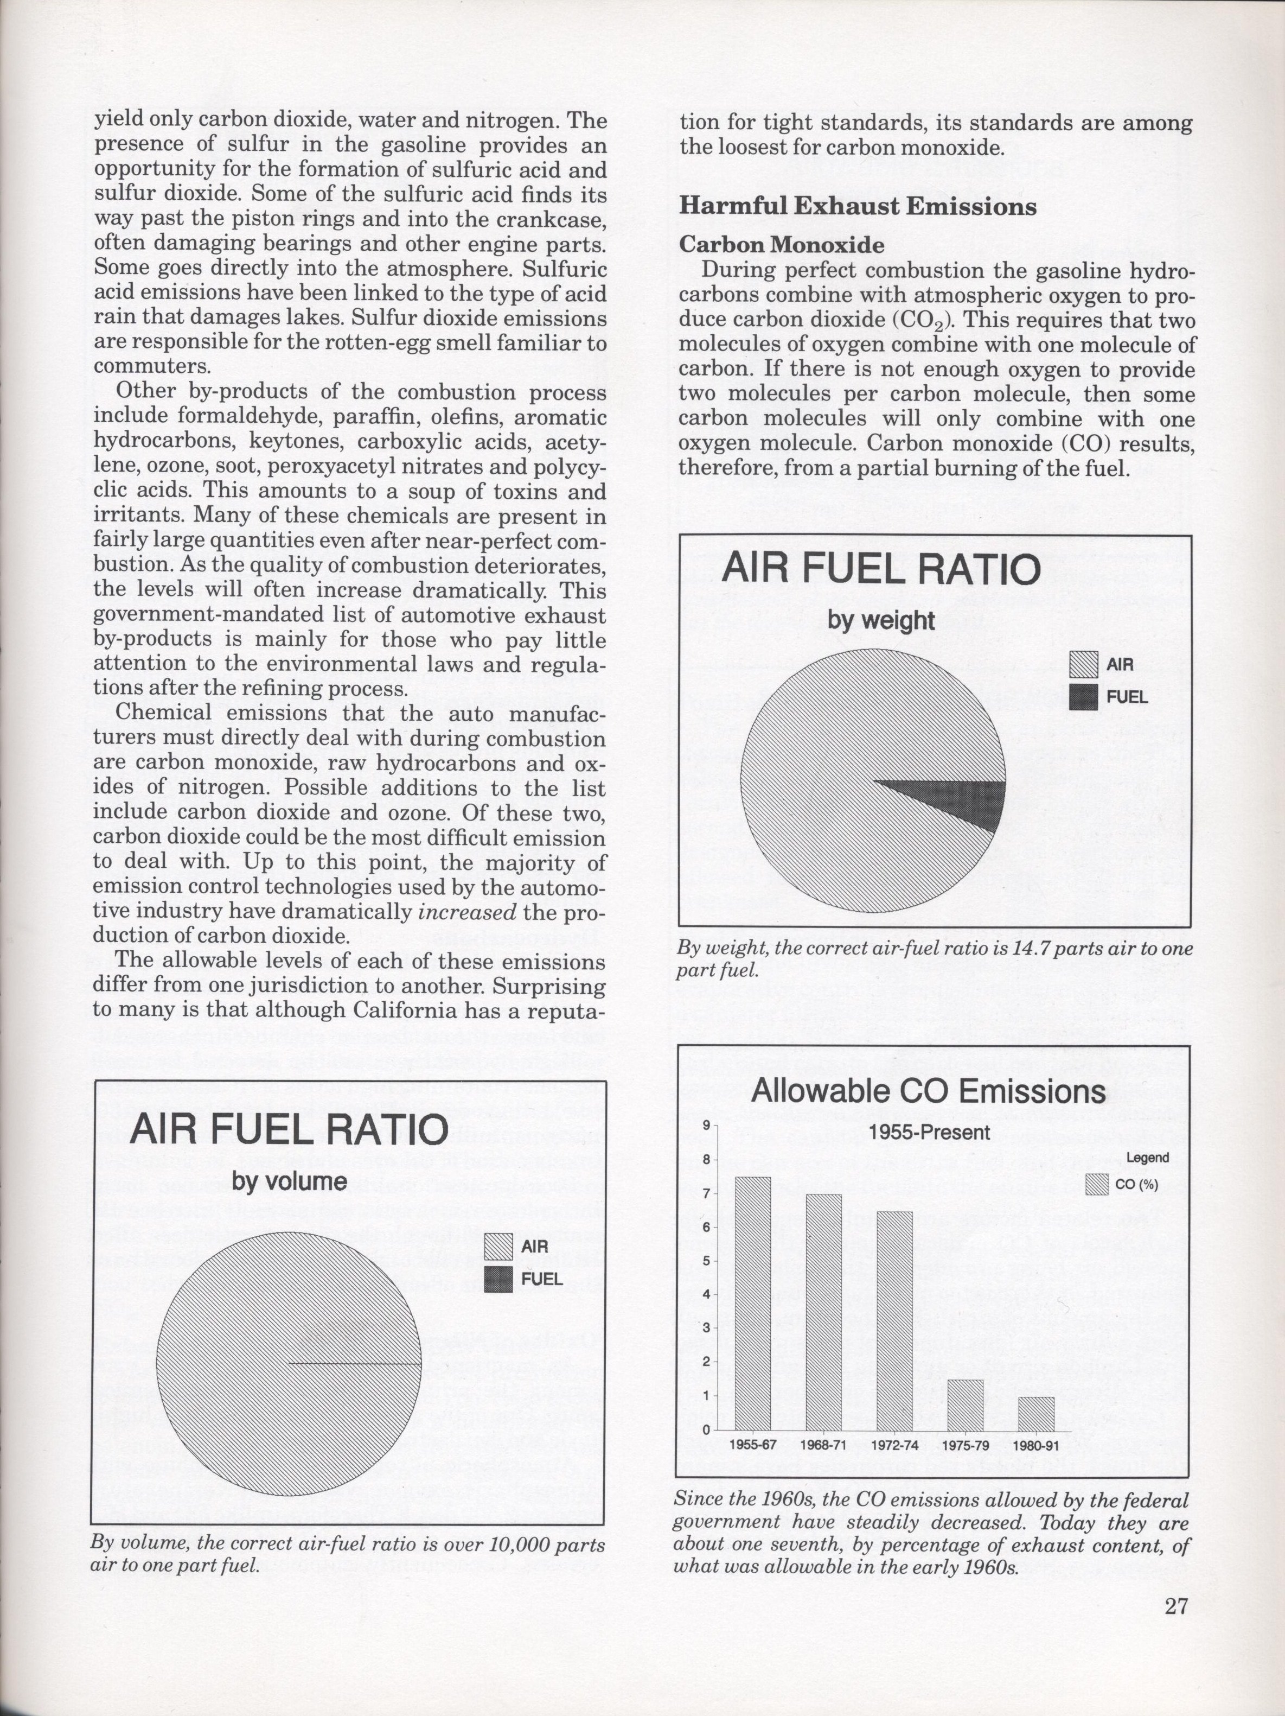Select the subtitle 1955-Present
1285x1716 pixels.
click(929, 1132)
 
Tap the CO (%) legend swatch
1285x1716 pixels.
click(1097, 1185)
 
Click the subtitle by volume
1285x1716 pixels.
click(289, 1181)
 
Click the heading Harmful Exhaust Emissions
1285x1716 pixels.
click(858, 206)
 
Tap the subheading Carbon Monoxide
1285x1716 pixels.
click(782, 245)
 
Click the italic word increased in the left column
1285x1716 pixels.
click(467, 912)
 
